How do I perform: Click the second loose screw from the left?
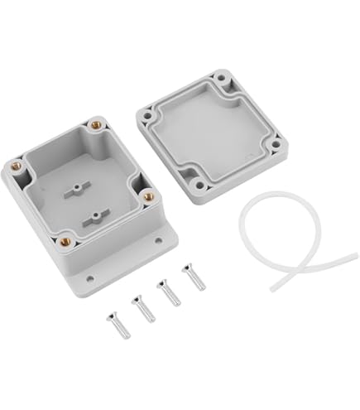[x=142, y=309]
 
